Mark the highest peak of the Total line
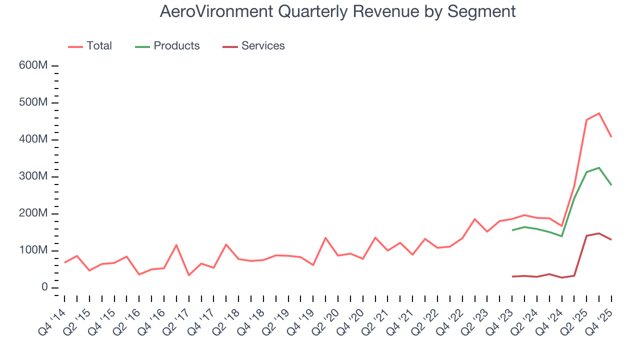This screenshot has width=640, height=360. [x=598, y=113]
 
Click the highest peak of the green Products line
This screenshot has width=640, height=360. [x=598, y=167]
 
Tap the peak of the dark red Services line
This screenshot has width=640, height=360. [x=598, y=233]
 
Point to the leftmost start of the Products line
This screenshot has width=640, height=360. [x=512, y=230]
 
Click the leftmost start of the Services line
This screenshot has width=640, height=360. [x=512, y=276]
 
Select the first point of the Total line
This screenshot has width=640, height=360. [x=65, y=262]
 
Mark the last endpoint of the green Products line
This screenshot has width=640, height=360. [x=611, y=185]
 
